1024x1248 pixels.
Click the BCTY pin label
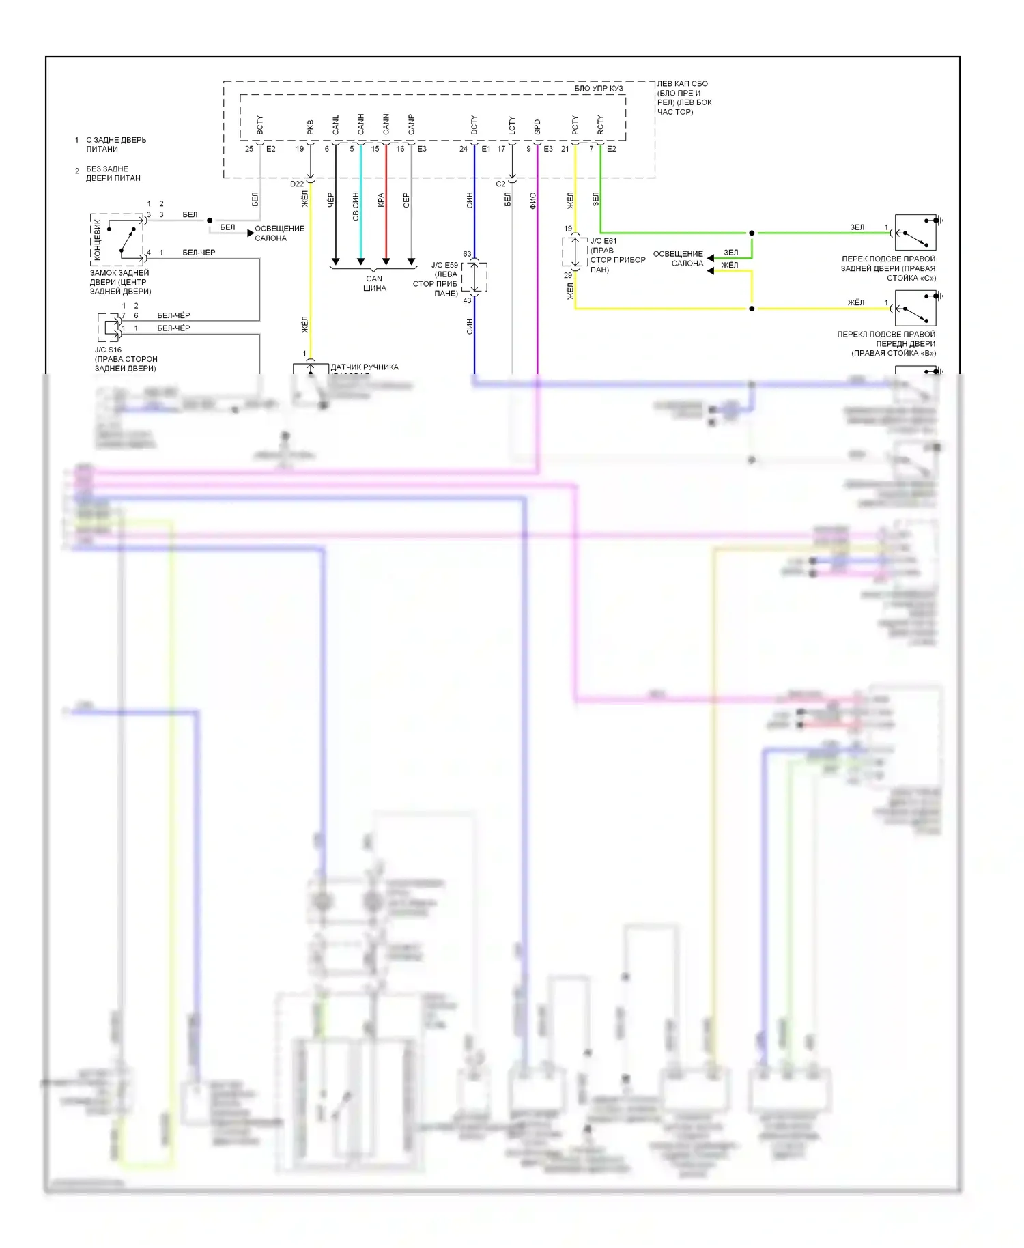[259, 125]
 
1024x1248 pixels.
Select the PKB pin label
[310, 127]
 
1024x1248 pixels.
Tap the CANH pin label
[360, 124]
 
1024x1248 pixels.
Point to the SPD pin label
[537, 127]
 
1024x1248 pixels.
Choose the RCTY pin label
[600, 124]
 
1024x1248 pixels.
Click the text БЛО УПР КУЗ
[598, 88]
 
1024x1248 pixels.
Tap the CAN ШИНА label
[374, 283]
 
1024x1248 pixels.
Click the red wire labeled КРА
[386, 218]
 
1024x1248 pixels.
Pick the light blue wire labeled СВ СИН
[360, 218]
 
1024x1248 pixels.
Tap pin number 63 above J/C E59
[467, 254]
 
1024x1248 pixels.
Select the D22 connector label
[296, 184]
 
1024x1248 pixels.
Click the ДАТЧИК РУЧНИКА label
[365, 367]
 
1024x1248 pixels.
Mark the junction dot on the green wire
[752, 233]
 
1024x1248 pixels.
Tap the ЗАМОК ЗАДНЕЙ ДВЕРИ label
[120, 282]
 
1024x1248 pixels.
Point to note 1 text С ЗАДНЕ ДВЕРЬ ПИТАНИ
[115, 144]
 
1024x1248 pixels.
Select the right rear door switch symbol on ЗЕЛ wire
[915, 233]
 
